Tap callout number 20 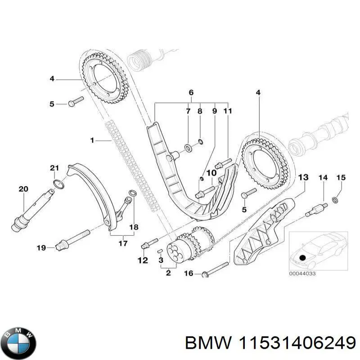click(x=23, y=189)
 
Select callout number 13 click(x=303, y=178)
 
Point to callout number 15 click(x=341, y=178)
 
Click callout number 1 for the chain click(x=92, y=141)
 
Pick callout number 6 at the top click(x=191, y=93)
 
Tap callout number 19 click(x=41, y=247)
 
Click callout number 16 click(x=189, y=273)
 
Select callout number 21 click(x=54, y=168)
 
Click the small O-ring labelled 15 click(x=336, y=199)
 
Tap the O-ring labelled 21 click(x=57, y=183)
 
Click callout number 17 click(x=121, y=243)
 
